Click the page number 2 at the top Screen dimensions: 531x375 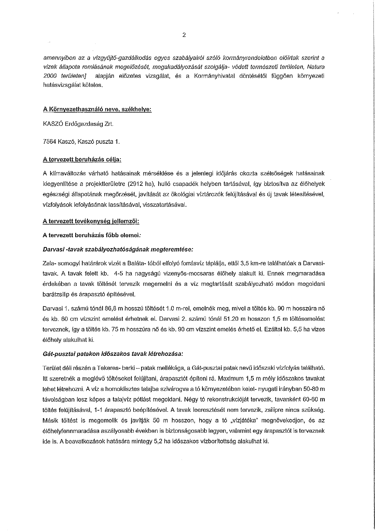coord(184,35)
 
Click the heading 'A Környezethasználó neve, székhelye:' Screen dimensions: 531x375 coord(97,109)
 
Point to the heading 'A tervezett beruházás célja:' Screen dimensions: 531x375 coord(82,159)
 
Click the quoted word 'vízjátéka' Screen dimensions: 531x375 coord(244,420)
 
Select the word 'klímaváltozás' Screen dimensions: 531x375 coord(65,173)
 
